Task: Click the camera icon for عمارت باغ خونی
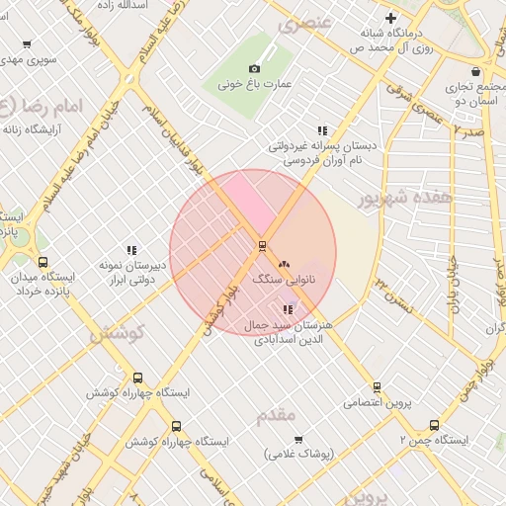coord(254,68)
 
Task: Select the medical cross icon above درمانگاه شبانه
coord(391,18)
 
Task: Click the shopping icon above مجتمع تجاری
coord(476,71)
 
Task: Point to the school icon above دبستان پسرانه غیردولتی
coord(322,129)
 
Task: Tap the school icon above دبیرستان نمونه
coord(131,250)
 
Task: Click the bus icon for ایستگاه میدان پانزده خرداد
coord(42,262)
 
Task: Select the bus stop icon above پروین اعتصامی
coord(377,387)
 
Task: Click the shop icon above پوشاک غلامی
coord(298,439)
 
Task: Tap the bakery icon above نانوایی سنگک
coord(285,264)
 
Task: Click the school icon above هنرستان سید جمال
coord(288,309)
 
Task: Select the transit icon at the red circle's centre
coord(262,245)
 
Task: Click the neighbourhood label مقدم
coord(276,415)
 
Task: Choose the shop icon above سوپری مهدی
coord(27,44)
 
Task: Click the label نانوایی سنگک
coord(288,280)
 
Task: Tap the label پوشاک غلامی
coord(301,455)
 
